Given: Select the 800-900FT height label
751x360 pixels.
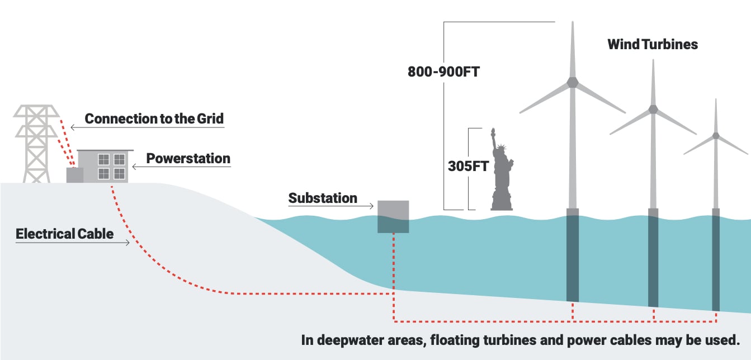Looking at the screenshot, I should point(443,72).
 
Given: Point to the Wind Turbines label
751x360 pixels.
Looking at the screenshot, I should point(653,44).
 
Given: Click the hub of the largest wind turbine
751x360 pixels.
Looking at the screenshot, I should point(573,82).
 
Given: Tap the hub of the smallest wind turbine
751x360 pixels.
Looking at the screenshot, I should point(716,136).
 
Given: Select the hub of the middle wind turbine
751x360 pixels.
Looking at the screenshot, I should point(653,109).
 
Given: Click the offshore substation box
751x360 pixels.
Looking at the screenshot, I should point(393,216).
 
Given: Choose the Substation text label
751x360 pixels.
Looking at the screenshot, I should point(323,198).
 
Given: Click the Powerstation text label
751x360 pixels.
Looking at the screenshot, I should point(188,158).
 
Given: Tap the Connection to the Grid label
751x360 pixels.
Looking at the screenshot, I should point(154,119).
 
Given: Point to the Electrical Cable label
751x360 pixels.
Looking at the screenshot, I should point(64,233).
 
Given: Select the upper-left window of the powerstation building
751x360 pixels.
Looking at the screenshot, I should point(103,159).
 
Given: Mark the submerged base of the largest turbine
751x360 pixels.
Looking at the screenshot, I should point(573,257).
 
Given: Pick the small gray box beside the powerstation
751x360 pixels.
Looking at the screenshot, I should point(75,175).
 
